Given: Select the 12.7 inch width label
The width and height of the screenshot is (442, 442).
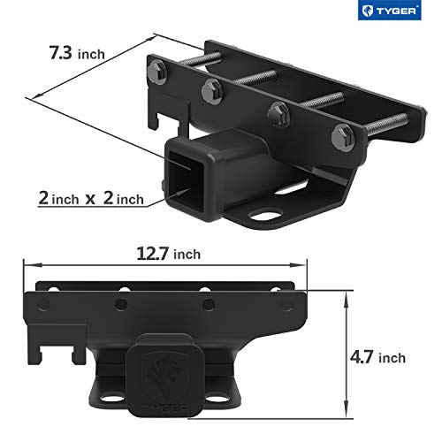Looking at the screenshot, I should coord(168,254).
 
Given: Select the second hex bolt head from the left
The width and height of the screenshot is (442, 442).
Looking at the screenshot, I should coord(212,88).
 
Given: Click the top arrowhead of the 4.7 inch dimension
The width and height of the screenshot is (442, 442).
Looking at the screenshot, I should coord(344,289).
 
